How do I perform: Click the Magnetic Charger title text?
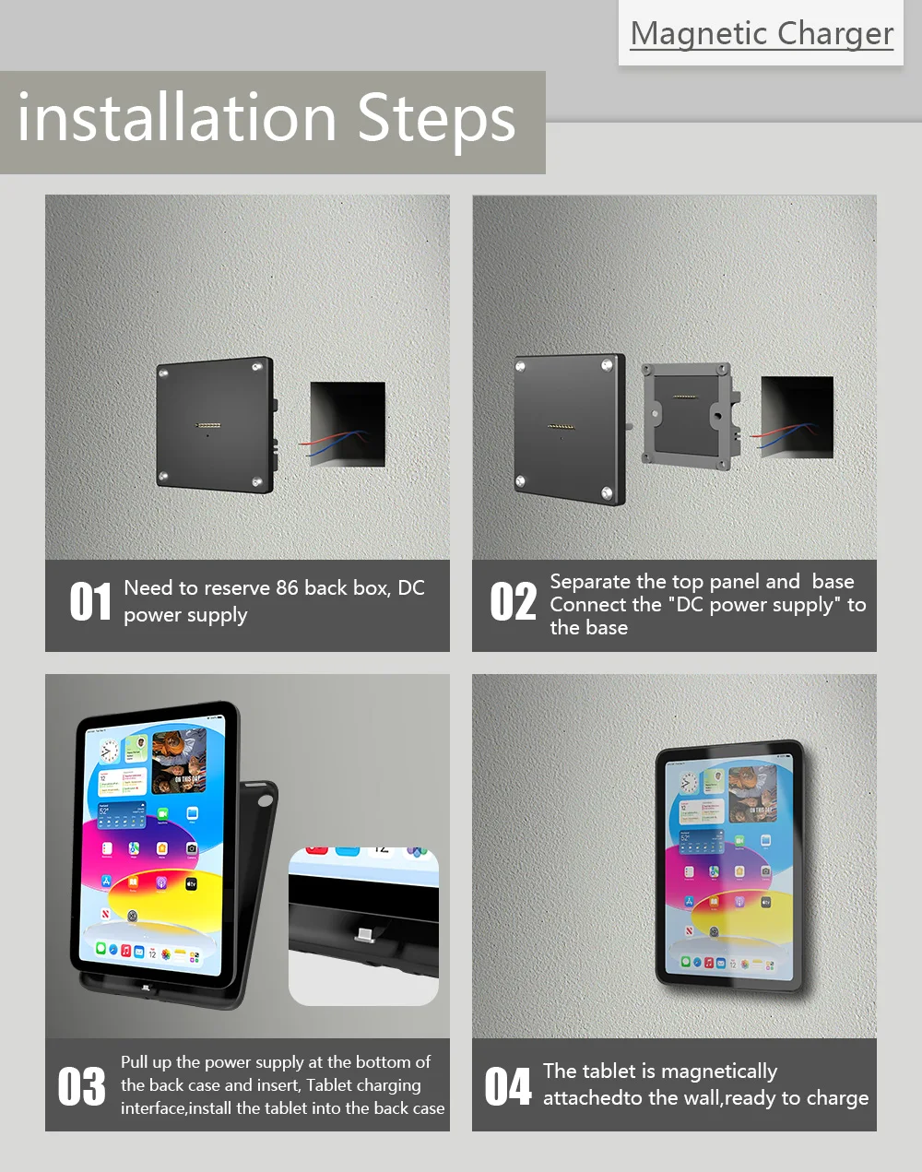pyautogui.click(x=762, y=34)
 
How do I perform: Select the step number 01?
pyautogui.click(x=90, y=601)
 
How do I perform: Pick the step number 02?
pyautogui.click(x=513, y=601)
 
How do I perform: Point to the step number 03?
pyautogui.click(x=82, y=1086)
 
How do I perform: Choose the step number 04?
pyautogui.click(x=508, y=1086)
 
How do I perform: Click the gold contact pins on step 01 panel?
pyautogui.click(x=208, y=424)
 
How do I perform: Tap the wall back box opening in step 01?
pyautogui.click(x=348, y=423)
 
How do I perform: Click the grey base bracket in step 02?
pyautogui.click(x=691, y=416)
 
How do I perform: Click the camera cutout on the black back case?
pyautogui.click(x=266, y=800)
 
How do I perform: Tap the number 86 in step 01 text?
pyautogui.click(x=287, y=588)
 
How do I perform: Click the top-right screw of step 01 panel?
pyautogui.click(x=256, y=368)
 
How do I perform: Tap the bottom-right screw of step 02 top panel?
pyautogui.click(x=607, y=493)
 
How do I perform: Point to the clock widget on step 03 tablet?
pyautogui.click(x=109, y=751)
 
